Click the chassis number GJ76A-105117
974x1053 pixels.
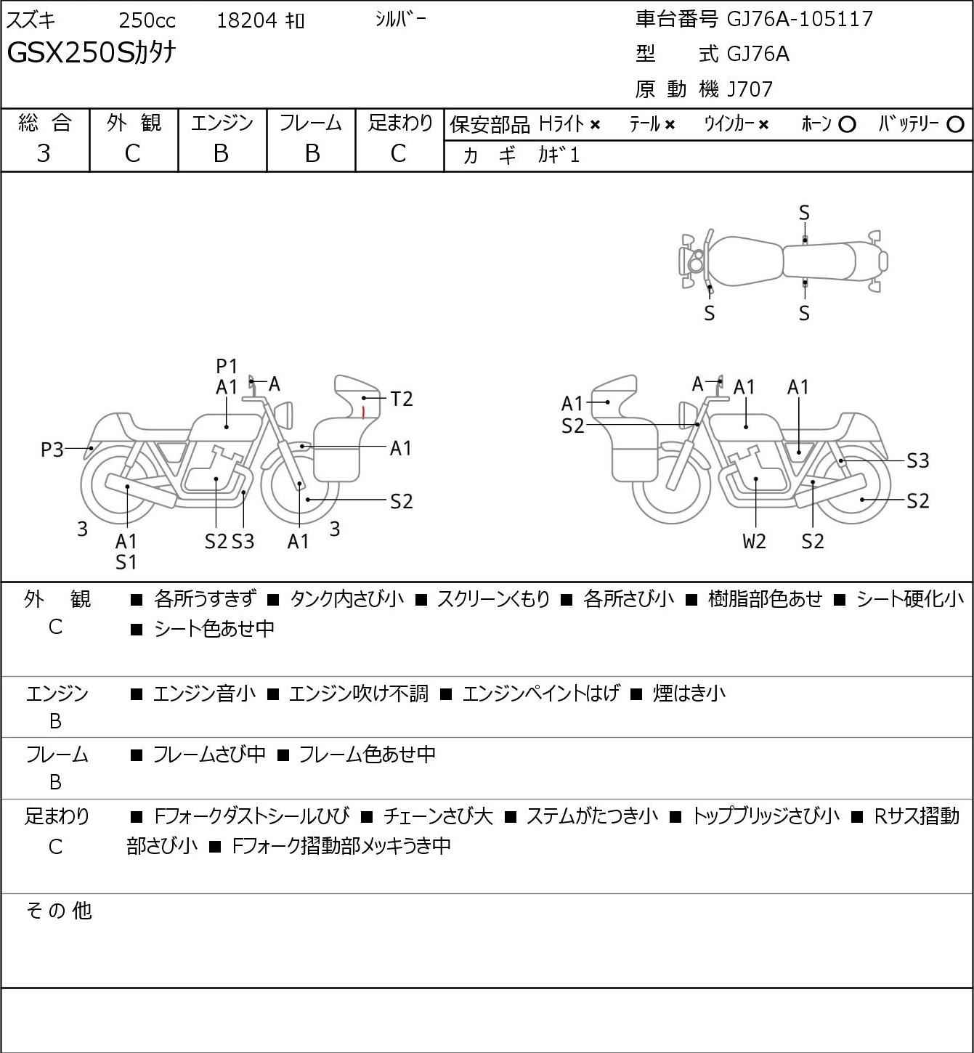click(x=800, y=19)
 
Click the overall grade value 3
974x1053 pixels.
click(x=44, y=153)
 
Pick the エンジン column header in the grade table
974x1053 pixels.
click(x=222, y=123)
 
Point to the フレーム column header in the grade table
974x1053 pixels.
click(x=310, y=123)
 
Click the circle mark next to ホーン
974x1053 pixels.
click(x=847, y=125)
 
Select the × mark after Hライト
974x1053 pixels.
click(x=595, y=125)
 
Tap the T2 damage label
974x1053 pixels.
click(x=401, y=399)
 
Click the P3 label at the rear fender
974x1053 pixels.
click(x=52, y=450)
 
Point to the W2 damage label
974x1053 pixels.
click(x=754, y=541)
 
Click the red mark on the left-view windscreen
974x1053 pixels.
click(x=363, y=412)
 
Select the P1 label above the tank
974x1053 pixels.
click(x=227, y=367)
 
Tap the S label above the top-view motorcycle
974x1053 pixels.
click(x=804, y=213)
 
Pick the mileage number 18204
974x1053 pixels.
click(x=247, y=20)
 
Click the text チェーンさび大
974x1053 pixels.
click(x=438, y=816)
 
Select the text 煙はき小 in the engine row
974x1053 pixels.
click(x=689, y=694)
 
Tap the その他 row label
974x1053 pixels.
click(x=59, y=910)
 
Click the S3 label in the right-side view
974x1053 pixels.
click(x=917, y=460)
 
